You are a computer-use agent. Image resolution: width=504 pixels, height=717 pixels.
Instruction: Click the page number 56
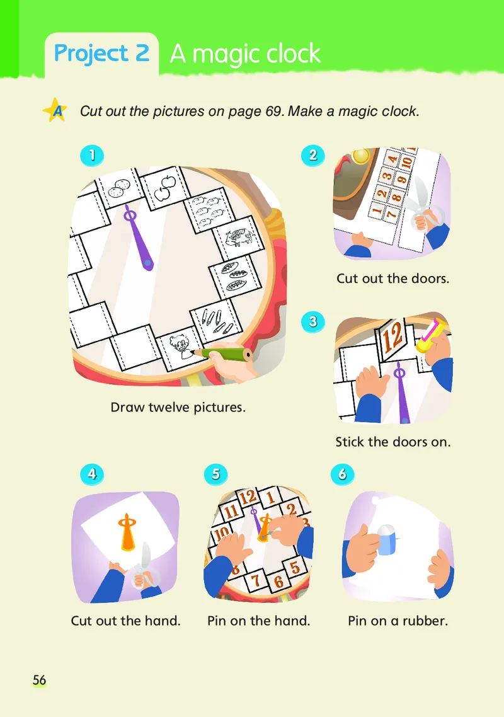click(39, 680)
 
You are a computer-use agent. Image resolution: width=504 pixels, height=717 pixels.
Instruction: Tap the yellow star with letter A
click(55, 110)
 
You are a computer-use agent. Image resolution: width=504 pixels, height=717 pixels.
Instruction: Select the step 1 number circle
click(92, 156)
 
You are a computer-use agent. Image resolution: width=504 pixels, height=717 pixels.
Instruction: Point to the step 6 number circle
click(342, 474)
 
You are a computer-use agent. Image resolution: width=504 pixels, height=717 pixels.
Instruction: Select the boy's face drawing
click(180, 347)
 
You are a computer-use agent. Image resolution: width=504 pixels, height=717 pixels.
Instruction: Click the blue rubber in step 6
click(387, 539)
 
